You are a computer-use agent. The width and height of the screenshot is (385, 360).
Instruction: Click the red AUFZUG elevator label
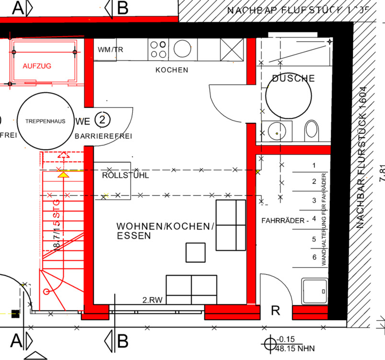pos(37,66)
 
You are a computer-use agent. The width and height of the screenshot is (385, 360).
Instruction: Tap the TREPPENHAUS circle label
pos(42,121)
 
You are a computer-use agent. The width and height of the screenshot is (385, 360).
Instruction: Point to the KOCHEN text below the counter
pos(172,70)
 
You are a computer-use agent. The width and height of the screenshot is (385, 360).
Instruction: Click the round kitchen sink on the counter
pos(182,48)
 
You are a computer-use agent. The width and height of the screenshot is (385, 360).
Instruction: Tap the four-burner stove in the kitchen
pos(159,48)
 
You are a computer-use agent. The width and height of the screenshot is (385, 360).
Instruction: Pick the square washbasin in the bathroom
pos(277,130)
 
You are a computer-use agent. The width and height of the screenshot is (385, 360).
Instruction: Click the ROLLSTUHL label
pos(126,176)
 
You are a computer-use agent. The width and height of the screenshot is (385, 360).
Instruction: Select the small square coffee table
pos(196,252)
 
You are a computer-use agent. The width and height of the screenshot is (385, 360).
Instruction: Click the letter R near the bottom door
pos(275,310)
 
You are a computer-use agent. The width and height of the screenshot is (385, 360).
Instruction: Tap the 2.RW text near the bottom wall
pos(152,300)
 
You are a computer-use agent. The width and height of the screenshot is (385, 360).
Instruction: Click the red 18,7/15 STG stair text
pos(57,226)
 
